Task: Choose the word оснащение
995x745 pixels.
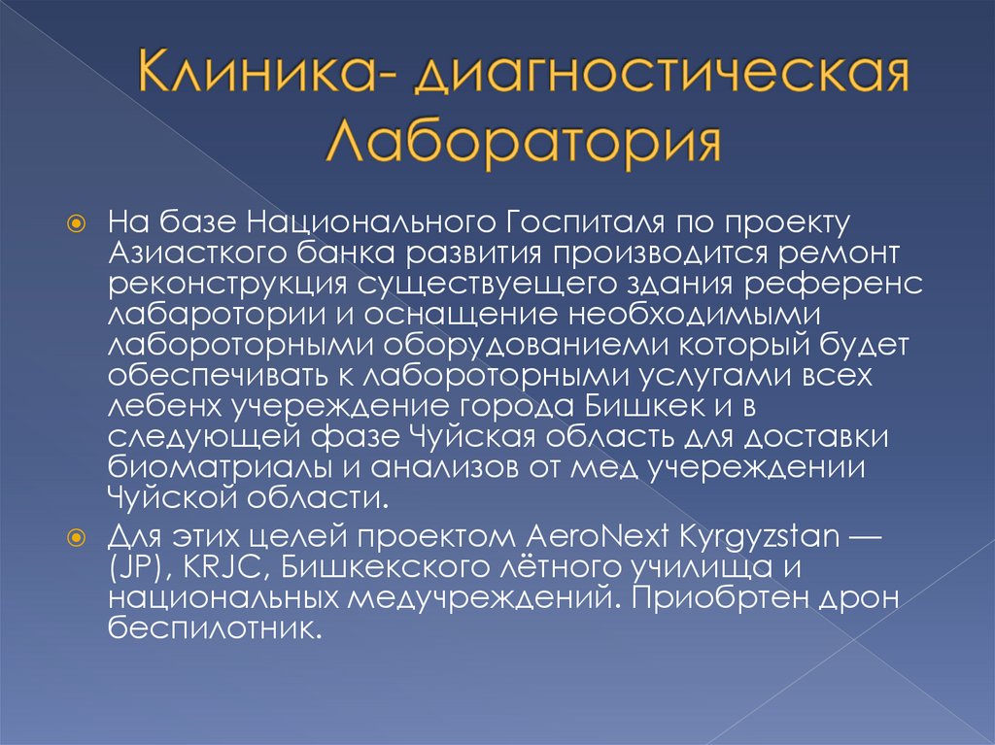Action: tap(406, 315)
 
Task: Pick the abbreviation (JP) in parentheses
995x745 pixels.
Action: tap(142, 567)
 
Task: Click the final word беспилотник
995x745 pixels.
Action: tap(214, 628)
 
